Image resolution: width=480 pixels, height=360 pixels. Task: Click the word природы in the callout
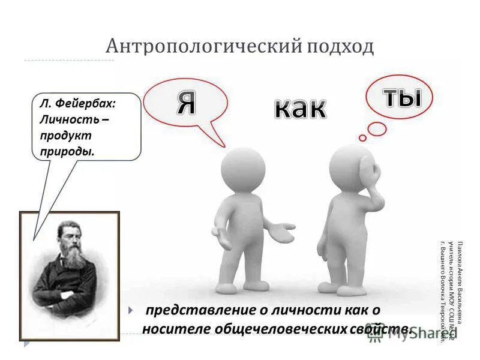[67, 151]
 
